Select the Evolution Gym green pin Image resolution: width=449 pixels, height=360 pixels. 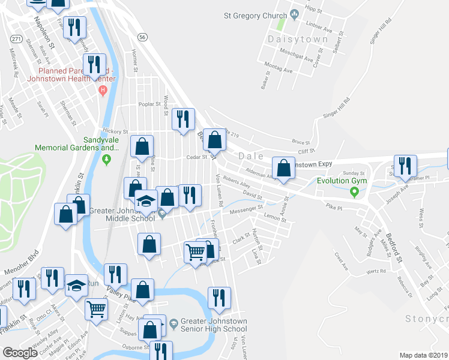pyautogui.click(x=354, y=192)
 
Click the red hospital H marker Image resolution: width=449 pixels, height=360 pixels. pyautogui.click(x=103, y=90)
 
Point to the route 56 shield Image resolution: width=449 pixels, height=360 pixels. pyautogui.click(x=142, y=37)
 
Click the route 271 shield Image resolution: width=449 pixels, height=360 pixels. pyautogui.click(x=16, y=38)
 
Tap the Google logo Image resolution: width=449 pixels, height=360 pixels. pyautogui.click(x=20, y=352)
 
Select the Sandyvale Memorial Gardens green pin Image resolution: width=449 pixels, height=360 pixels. pyautogui.click(x=107, y=160)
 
